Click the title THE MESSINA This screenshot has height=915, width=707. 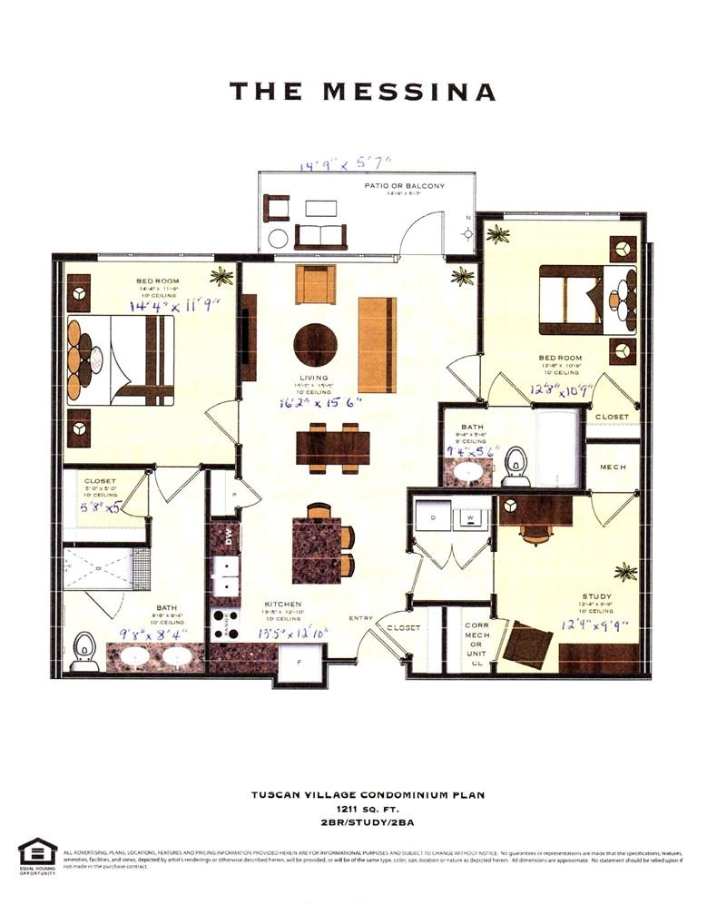tap(362, 92)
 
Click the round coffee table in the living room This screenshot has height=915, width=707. tap(315, 345)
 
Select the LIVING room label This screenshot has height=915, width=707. tap(315, 378)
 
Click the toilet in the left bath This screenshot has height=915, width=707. tap(84, 651)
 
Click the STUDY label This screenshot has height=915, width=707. tap(596, 597)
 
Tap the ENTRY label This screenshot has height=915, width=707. tap(360, 618)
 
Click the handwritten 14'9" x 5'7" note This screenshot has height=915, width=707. tap(345, 164)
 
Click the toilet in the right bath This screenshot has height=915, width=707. tap(516, 461)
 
